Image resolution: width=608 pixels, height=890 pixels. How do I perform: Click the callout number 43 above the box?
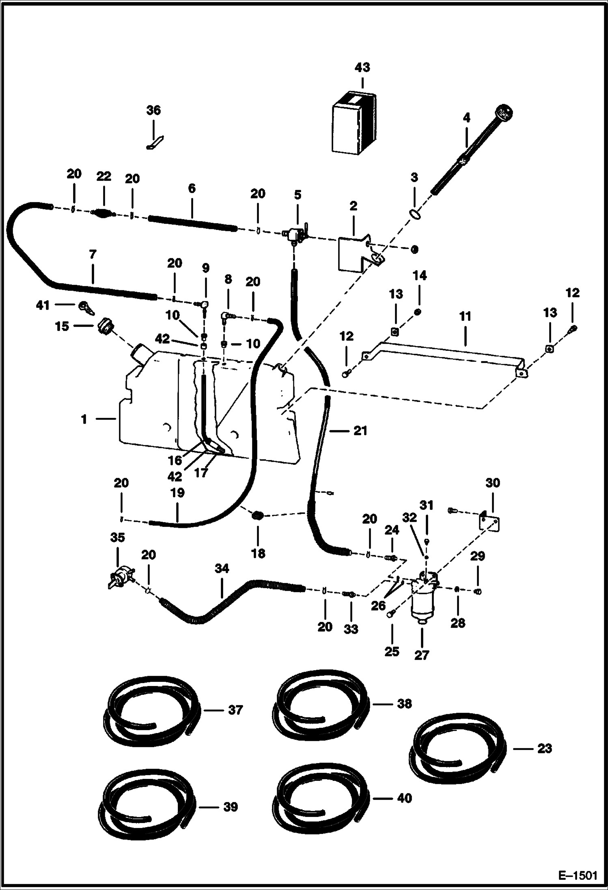(362, 67)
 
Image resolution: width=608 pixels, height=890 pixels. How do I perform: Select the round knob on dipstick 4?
(505, 111)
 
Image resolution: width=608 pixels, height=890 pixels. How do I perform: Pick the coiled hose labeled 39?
(147, 806)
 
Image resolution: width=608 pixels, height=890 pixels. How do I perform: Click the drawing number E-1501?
(578, 874)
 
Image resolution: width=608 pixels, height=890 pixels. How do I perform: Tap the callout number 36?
(153, 110)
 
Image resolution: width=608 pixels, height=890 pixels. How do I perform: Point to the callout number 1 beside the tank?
(84, 419)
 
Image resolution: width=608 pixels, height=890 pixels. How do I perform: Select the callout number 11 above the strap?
(465, 316)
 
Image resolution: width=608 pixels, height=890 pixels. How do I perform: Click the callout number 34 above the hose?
(222, 569)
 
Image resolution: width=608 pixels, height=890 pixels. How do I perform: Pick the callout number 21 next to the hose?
(360, 430)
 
